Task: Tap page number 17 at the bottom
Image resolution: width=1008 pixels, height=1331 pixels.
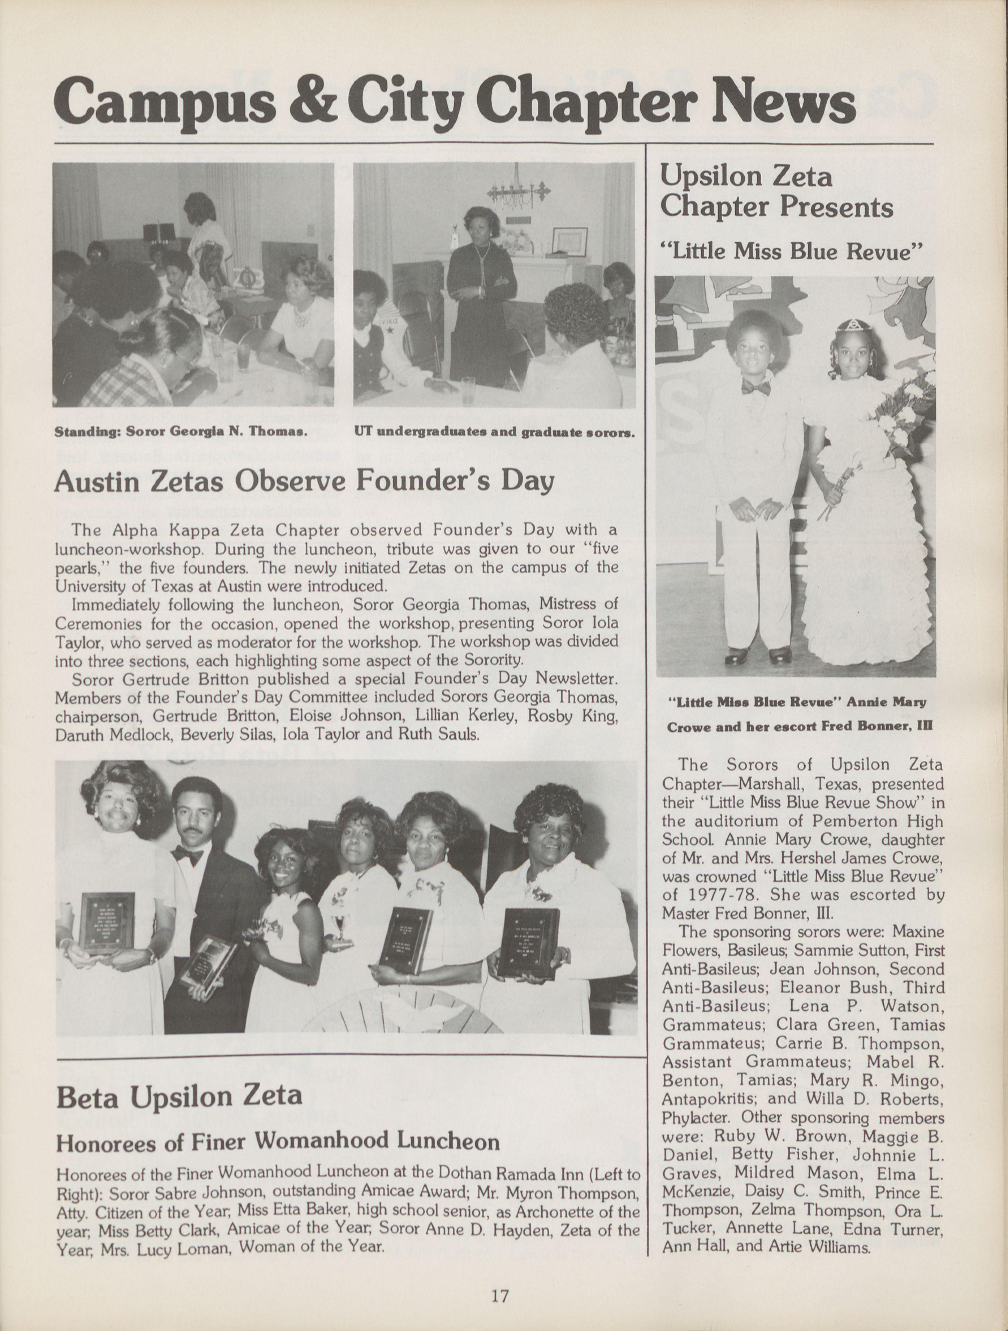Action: pos(499,1292)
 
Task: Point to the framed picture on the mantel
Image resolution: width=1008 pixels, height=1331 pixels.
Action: pos(570,241)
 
